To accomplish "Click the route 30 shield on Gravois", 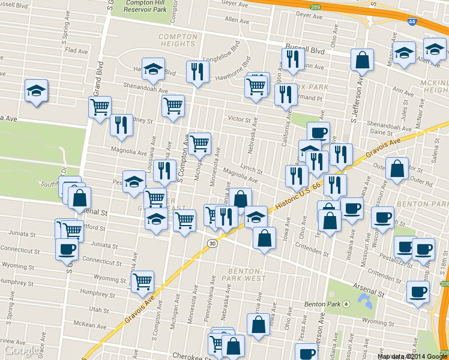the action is click(212, 243).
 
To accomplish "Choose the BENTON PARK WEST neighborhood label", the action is click(246, 274).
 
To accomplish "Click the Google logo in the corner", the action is click(22, 350).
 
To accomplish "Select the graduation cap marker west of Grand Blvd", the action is click(37, 91).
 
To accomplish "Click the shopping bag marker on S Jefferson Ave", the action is click(362, 59).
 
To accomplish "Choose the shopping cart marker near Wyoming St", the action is click(142, 281).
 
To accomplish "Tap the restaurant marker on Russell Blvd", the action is click(292, 59).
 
